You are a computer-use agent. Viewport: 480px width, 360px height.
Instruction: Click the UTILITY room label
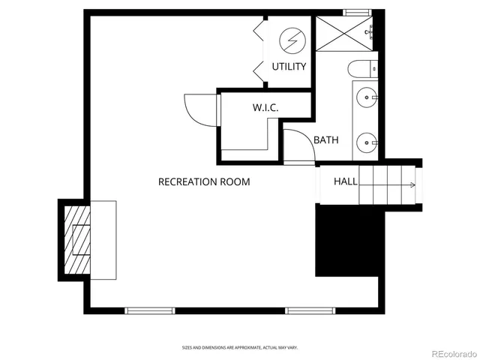tap(289, 67)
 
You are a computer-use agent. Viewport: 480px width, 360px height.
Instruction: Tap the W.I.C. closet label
tap(265, 108)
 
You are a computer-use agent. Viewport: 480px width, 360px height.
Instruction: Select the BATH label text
tap(326, 140)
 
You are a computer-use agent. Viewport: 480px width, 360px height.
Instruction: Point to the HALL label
tap(345, 181)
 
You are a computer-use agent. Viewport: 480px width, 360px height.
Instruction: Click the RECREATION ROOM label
tap(204, 182)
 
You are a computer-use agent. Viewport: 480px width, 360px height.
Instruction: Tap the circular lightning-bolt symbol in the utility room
tap(289, 39)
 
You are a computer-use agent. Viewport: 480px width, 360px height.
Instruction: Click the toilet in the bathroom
tap(363, 69)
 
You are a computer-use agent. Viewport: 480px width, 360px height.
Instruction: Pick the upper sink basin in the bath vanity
tap(365, 97)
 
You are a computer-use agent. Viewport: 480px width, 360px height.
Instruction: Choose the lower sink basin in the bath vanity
tap(365, 140)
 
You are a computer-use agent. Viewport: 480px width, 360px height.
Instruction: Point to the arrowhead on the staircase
tap(412, 184)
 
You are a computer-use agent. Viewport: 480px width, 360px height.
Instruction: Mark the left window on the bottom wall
tap(149, 309)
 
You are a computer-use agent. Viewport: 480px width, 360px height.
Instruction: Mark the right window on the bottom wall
tap(309, 309)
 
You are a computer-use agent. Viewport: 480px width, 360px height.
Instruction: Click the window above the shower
tap(358, 12)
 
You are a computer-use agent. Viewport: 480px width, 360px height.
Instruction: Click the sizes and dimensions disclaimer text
tap(240, 347)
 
